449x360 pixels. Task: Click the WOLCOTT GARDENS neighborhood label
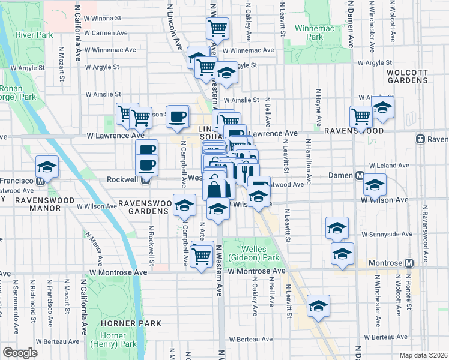coord(407,76)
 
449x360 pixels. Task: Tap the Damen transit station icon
coord(360,176)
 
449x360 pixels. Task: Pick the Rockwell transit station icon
coord(145,179)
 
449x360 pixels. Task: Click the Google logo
coord(20,353)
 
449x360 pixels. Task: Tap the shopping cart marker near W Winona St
coord(217,28)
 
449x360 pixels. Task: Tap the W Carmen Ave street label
coord(106,32)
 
